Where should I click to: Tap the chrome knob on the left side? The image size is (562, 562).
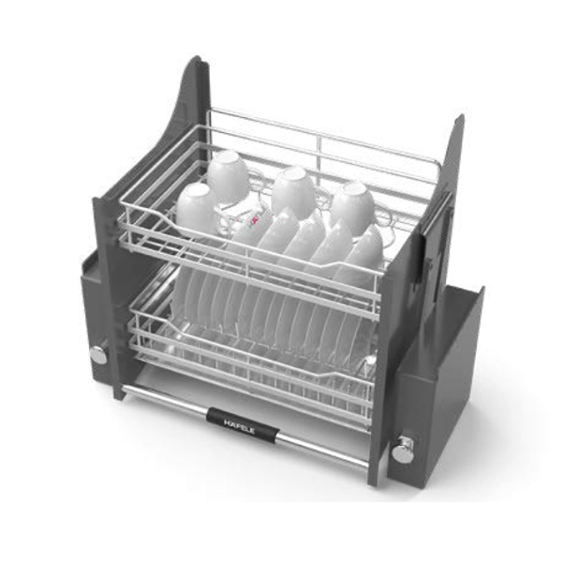99,355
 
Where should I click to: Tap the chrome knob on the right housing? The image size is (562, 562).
403,450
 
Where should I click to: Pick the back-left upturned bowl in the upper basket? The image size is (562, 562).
228,175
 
